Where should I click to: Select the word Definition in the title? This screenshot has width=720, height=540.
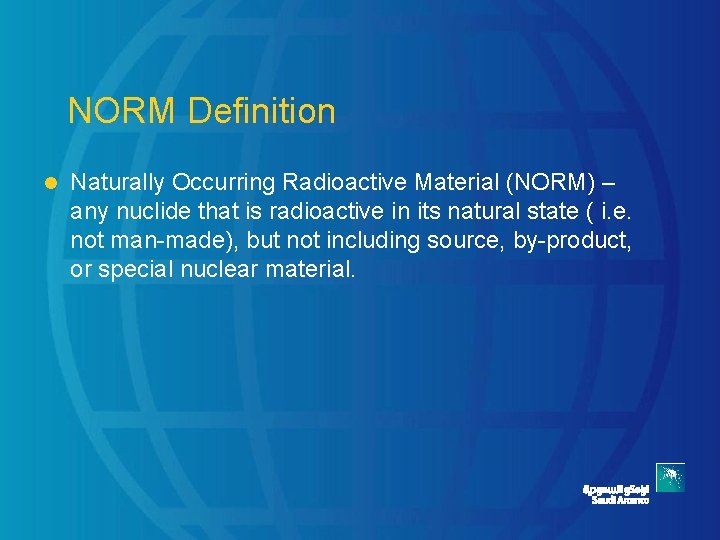coord(261,111)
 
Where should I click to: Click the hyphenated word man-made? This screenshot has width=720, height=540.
coord(161,241)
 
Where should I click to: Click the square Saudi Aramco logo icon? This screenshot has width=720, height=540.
coord(670,478)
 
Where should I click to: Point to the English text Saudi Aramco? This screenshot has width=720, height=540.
coord(620,500)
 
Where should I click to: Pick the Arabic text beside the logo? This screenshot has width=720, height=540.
coord(616,488)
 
